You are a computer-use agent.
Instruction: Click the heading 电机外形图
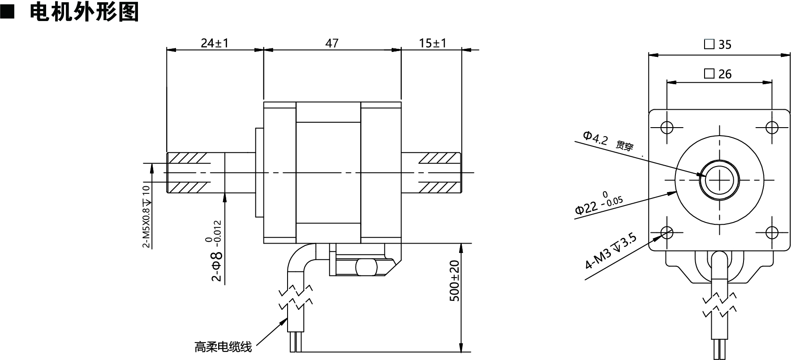84,12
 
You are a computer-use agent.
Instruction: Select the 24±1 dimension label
215,43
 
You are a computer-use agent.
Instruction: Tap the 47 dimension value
332,43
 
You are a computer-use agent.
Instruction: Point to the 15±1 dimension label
433,43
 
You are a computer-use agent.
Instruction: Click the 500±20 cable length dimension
455,281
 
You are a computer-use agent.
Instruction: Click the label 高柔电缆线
223,346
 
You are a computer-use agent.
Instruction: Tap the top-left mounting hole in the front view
667,127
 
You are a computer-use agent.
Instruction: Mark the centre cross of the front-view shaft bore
719,180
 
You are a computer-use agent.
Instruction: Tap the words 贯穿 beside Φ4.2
625,146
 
